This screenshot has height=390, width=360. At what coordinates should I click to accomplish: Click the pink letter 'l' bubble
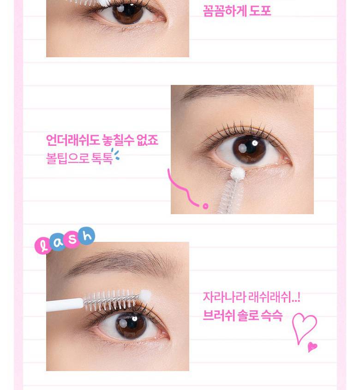pos(43,246)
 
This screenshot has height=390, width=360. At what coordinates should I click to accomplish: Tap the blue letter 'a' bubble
pos(58,242)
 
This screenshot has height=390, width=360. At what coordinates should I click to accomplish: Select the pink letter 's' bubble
pos(72,239)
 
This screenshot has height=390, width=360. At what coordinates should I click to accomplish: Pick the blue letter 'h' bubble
pos(87,235)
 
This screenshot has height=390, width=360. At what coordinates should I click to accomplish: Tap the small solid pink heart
pos(312,347)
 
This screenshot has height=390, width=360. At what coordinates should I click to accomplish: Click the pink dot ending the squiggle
pos(205,206)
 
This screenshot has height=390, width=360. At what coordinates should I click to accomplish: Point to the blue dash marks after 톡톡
pos(115,155)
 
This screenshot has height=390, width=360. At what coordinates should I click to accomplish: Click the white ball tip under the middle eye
pos(237,173)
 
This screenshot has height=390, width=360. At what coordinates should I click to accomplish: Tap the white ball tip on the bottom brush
pos(145,296)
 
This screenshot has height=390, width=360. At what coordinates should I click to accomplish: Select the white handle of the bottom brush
pos(65,305)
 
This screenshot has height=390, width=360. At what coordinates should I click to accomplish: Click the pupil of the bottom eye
pos(131,324)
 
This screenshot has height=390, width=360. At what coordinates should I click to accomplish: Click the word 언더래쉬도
pos(72,140)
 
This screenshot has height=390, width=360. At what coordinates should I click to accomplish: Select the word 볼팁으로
pos(68,158)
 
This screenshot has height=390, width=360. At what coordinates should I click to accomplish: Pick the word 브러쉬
pos(219,315)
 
